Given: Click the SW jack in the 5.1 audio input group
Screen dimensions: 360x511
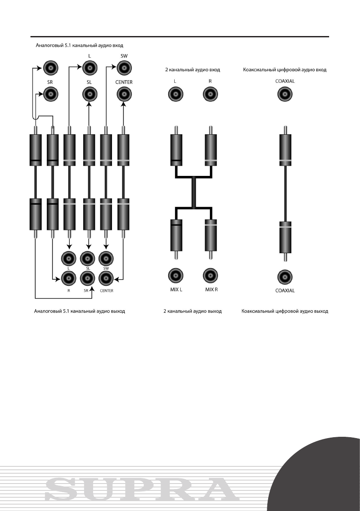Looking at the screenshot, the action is click(x=124, y=67).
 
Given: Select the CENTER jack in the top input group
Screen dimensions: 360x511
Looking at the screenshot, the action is click(x=124, y=94).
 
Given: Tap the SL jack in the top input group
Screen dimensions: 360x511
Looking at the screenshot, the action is click(x=89, y=94).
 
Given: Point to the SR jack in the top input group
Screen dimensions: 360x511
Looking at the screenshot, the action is click(x=51, y=94).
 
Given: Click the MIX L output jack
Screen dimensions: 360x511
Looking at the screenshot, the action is click(x=175, y=275).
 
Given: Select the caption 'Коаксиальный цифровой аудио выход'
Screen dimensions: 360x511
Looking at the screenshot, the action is click(x=284, y=311).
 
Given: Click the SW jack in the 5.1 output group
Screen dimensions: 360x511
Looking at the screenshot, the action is click(x=106, y=258).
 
